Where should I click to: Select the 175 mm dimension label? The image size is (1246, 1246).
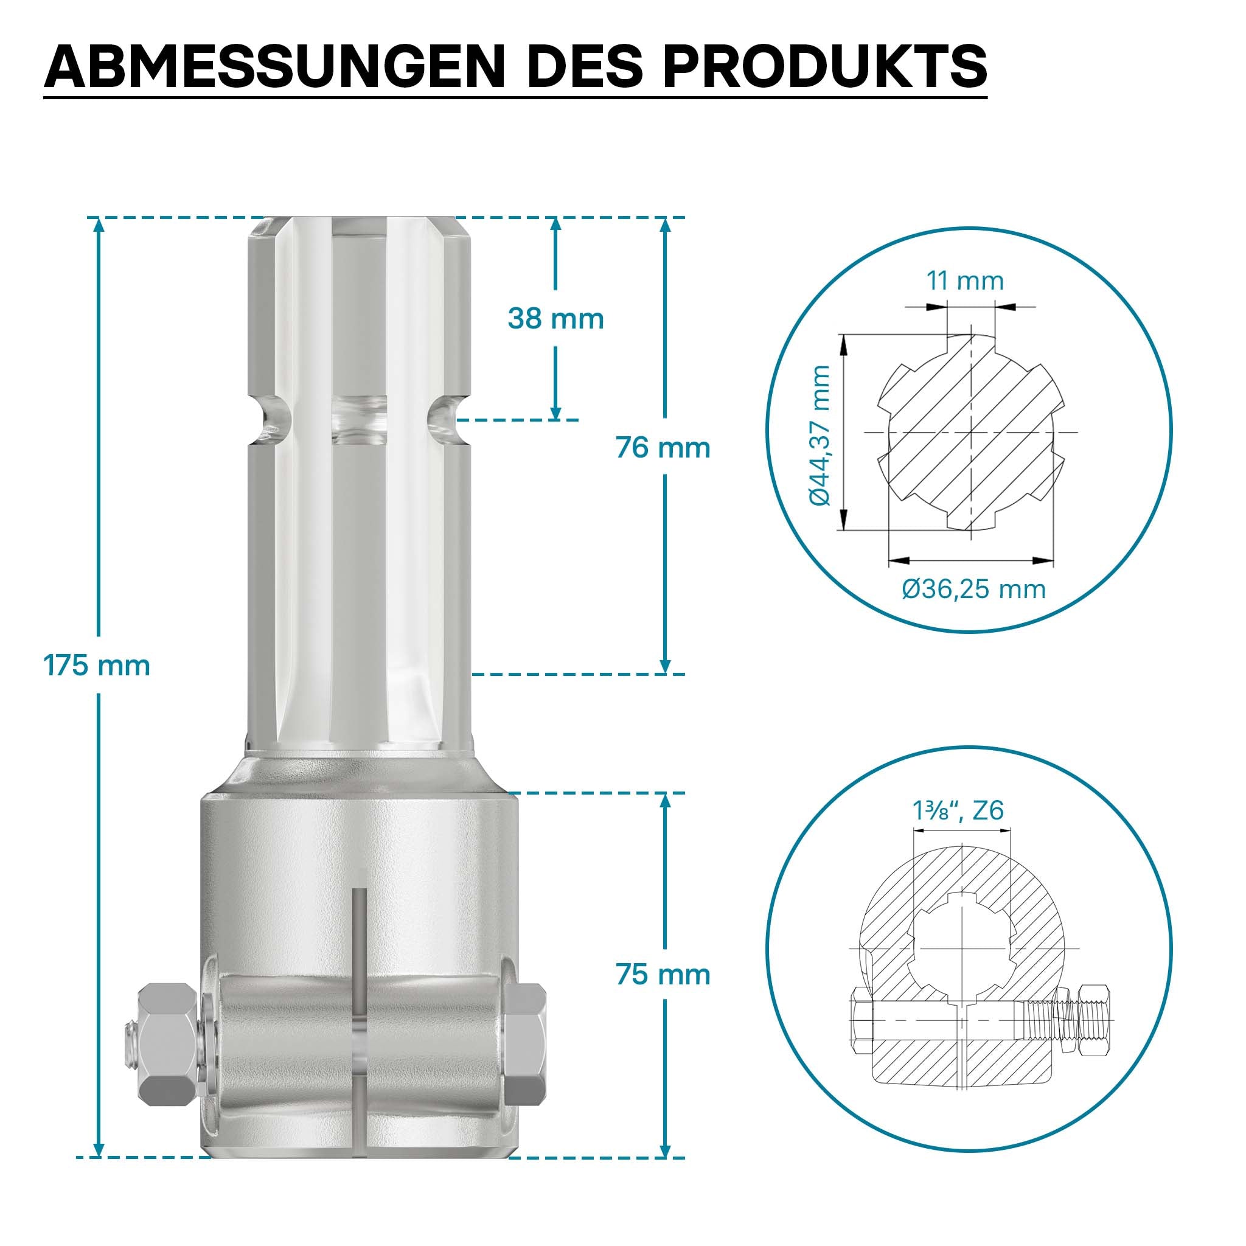[97, 665]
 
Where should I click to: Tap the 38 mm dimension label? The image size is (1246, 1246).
[555, 319]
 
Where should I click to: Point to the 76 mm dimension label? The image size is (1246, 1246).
[663, 448]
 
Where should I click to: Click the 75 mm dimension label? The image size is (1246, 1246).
[663, 974]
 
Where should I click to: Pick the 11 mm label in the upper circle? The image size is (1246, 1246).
[965, 280]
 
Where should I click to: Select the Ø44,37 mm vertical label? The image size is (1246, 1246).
[820, 436]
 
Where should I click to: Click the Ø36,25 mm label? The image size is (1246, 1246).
[973, 589]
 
